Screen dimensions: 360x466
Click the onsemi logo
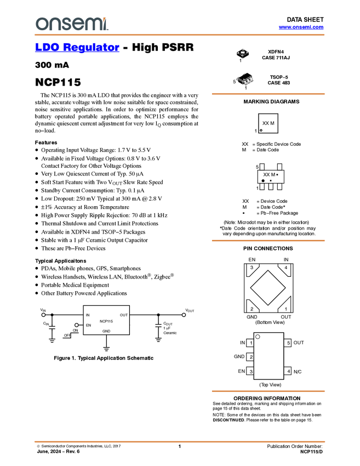pos(72,24)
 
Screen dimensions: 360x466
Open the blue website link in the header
pos(301,27)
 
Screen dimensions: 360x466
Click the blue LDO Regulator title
pos(77,48)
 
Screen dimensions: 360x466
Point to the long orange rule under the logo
pos(179,35)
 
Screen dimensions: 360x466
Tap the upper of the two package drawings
pos(243,54)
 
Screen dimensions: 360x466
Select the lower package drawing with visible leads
pos(245,80)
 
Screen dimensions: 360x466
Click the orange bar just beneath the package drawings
pos(268,94)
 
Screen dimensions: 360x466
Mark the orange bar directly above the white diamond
pos(268,240)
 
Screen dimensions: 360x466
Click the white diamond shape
pos(268,287)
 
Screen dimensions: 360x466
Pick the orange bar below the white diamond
pos(268,391)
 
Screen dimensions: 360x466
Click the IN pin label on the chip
pos(88,315)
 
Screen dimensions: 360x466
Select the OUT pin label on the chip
pos(124,315)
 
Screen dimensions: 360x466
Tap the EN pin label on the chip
pos(88,325)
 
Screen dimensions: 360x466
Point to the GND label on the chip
pos(106,331)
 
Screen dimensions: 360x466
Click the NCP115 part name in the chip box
pos(106,321)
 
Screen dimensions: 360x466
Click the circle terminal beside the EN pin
pos(77,325)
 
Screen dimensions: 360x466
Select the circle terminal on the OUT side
pos(184,315)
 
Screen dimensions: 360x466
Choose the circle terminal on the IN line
pos(43,315)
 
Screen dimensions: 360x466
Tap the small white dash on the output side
pos(158,326)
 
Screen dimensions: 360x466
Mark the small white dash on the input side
pos(52,327)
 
